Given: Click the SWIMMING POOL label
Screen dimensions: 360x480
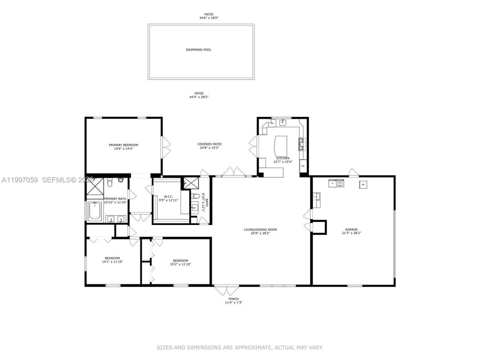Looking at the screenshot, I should point(198,49).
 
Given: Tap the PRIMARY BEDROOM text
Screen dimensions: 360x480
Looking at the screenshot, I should point(123,145).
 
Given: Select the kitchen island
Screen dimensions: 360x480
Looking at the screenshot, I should point(282,146).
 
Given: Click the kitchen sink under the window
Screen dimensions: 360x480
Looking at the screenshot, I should point(284,122).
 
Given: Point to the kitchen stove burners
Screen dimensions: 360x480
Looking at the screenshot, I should point(302,144).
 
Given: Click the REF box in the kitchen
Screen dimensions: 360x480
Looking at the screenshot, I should point(303,166).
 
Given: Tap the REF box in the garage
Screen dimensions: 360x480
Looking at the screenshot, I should point(363,184).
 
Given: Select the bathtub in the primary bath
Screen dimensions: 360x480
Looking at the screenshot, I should point(95,211).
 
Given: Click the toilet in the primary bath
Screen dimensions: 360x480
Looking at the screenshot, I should point(109,183).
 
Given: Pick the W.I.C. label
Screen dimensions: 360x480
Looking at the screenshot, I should point(168,196).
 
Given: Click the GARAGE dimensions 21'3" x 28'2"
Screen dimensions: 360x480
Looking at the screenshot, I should point(351,233).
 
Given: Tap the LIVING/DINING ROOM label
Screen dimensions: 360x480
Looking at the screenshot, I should point(260,229).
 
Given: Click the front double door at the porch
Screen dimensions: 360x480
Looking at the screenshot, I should point(226,290).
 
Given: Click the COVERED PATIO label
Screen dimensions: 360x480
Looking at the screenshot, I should point(209,144).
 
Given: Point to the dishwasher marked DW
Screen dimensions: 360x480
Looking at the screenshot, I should point(272,123).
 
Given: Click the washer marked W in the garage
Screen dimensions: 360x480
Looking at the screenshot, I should point(340,183).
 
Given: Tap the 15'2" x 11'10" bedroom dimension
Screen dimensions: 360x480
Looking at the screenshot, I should point(180,264).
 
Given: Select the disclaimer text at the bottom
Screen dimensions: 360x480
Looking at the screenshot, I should point(240,348).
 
